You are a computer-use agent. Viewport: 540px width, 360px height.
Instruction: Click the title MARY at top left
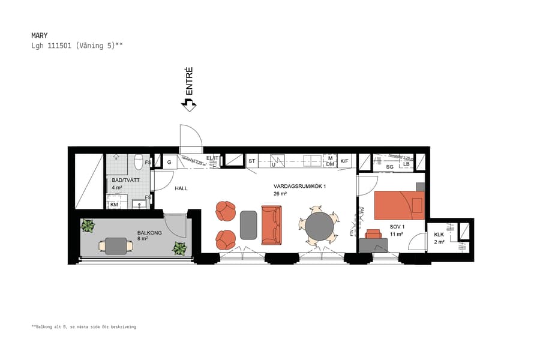(39, 35)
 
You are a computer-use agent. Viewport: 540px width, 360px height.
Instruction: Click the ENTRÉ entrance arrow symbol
(189, 105)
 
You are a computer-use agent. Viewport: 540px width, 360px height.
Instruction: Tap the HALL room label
(181, 188)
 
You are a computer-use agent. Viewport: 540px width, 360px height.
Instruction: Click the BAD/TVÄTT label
(121, 180)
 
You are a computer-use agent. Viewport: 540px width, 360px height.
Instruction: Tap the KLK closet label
(439, 235)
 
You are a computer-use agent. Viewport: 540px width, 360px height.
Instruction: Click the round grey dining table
(319, 226)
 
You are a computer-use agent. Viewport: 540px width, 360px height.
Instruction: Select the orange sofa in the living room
(271, 225)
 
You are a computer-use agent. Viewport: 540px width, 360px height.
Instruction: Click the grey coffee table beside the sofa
(248, 225)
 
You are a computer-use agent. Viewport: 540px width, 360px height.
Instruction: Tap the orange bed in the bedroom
(399, 205)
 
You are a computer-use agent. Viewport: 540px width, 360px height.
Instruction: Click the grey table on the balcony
(116, 246)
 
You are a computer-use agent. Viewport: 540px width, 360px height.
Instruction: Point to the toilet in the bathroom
(139, 162)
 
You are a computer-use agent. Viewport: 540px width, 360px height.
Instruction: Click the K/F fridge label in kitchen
(344, 161)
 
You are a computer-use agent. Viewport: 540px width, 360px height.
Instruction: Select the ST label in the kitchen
(251, 161)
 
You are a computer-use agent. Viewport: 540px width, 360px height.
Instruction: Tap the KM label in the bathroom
(114, 205)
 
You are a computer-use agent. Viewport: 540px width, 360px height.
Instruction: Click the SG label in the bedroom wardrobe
(389, 166)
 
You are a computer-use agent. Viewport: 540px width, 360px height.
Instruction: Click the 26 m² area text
(280, 194)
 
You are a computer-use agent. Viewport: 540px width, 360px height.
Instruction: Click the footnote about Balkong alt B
(84, 327)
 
